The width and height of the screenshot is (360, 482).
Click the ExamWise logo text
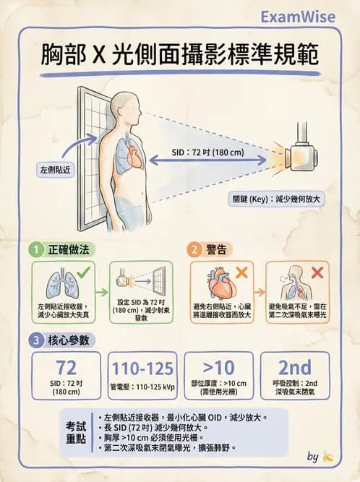(298, 17)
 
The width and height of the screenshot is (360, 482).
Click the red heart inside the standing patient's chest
(134, 156)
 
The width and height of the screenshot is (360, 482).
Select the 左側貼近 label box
(56, 169)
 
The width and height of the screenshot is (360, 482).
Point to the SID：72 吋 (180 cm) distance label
(207, 152)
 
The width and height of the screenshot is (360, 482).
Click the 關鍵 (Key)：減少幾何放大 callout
(275, 199)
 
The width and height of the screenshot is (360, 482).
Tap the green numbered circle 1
(36, 249)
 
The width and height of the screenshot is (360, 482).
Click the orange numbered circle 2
(194, 249)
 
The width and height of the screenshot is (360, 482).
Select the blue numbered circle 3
(36, 340)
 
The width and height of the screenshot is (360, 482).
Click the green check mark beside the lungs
(84, 272)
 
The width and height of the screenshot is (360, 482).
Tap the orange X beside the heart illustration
(241, 272)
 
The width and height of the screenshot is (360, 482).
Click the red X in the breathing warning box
(317, 272)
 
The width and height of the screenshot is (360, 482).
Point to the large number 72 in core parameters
(66, 368)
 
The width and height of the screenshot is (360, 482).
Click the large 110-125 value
(142, 369)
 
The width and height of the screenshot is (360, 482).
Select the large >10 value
(219, 367)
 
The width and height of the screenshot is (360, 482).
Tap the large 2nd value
(295, 367)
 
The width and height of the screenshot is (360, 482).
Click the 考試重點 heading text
(76, 433)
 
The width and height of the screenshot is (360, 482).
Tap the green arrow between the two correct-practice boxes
(102, 292)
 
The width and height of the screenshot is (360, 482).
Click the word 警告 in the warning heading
(216, 249)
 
